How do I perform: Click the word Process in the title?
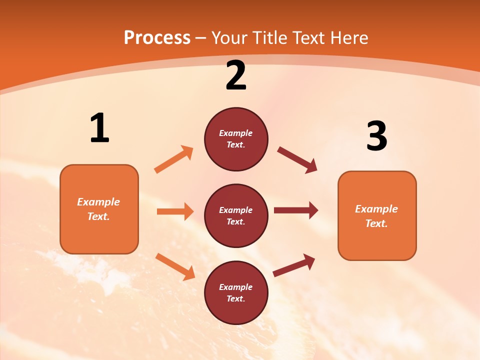(x=157, y=38)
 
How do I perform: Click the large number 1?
(x=99, y=128)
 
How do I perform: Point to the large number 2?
(x=236, y=75)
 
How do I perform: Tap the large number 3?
(x=376, y=136)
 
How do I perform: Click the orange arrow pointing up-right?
(x=174, y=159)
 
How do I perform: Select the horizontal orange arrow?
(x=175, y=211)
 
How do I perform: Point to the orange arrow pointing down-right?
(x=175, y=266)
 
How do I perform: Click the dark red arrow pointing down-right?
(x=297, y=160)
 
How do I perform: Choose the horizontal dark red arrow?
(x=296, y=210)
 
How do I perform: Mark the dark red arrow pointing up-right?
(x=294, y=265)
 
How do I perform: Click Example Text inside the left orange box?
(x=98, y=209)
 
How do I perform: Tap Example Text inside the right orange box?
(x=376, y=216)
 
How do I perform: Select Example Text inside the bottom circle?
(x=236, y=292)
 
